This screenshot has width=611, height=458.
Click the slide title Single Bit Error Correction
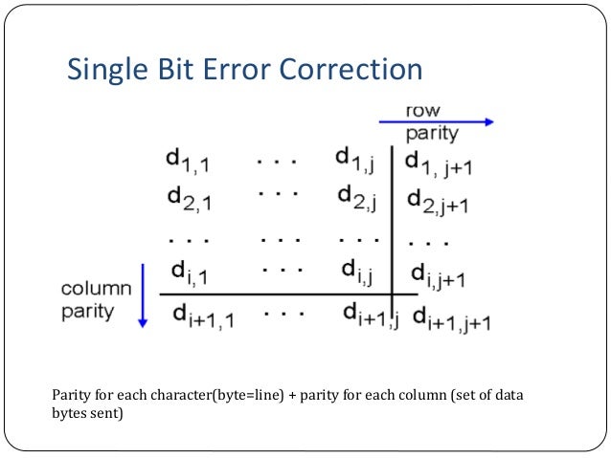243,70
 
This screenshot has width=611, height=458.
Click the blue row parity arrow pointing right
436,121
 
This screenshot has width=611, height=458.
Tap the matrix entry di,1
192,274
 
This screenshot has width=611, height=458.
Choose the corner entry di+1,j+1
452,319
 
